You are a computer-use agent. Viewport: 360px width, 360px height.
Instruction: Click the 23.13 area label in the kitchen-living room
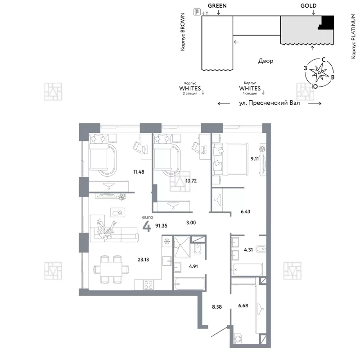pos(143,260)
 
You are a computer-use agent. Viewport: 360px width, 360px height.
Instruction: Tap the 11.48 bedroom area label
pos(139,172)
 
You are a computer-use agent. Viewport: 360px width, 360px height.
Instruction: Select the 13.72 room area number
pos(191,181)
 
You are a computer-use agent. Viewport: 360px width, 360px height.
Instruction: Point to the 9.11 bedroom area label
pos(255,159)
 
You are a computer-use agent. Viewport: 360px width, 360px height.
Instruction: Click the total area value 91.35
pos(161,226)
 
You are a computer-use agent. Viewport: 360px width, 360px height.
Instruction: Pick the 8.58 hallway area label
pos(217,307)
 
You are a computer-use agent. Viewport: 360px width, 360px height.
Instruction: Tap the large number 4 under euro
pos(147,226)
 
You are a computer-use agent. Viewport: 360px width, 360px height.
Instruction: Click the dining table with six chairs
pos(111,269)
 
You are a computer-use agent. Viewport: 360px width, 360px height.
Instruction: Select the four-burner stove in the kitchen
pos(148,285)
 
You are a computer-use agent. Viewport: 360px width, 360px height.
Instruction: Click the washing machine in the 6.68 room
pos(238,339)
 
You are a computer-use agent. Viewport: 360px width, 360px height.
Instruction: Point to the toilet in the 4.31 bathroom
pos(261,249)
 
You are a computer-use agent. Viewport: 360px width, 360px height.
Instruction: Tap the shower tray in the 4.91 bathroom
pos(182,247)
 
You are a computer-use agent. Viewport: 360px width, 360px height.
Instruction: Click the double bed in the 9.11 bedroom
pos(230,159)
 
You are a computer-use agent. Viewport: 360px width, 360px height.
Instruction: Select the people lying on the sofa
pos(106,229)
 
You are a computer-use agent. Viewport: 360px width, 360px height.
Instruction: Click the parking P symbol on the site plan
pos(197,12)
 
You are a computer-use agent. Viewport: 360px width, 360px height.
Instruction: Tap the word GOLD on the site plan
pos(308,6)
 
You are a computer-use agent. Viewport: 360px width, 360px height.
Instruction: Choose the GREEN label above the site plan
pos(217,6)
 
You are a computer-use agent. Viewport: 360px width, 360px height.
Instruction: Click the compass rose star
pos(319,72)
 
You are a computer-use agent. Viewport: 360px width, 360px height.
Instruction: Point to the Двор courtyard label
pos(265,61)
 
